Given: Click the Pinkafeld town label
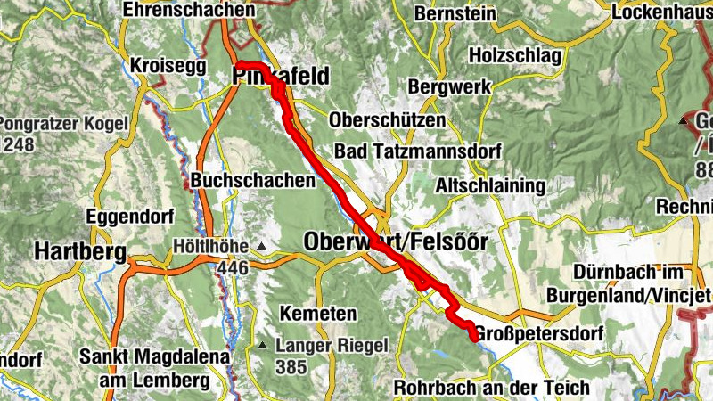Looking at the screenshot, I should pos(281,76).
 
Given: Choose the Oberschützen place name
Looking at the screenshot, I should pos(387,119).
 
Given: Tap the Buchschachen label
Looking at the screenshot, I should pos(253,180).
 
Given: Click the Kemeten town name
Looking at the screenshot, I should pos(318,315).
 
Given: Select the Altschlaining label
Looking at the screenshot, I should pos(490,186).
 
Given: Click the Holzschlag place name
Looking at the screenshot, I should pos(520,55).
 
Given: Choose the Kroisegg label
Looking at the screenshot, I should pos(168,66).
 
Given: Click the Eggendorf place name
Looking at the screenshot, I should pos(124,216).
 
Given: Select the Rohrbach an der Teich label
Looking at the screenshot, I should pos(491,388).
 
